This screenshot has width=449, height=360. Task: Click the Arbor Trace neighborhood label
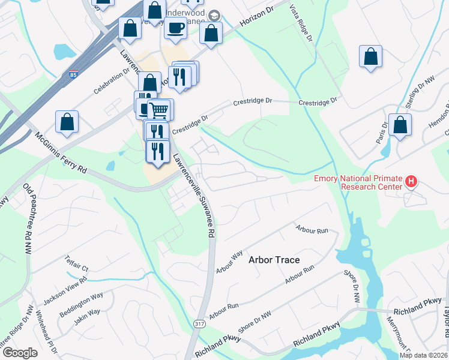coord(274,260)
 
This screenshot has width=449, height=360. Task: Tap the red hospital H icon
coord(411,181)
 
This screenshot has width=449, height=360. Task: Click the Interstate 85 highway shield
coord(73,75)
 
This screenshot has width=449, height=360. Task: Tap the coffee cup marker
coord(175,28)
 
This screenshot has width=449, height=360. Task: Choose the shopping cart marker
coord(159,110)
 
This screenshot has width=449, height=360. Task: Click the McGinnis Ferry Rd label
coord(61,153)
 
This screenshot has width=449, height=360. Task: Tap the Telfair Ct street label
coord(77,264)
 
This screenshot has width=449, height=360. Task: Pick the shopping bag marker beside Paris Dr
coord(400,125)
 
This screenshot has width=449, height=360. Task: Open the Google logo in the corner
coord(20,353)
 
